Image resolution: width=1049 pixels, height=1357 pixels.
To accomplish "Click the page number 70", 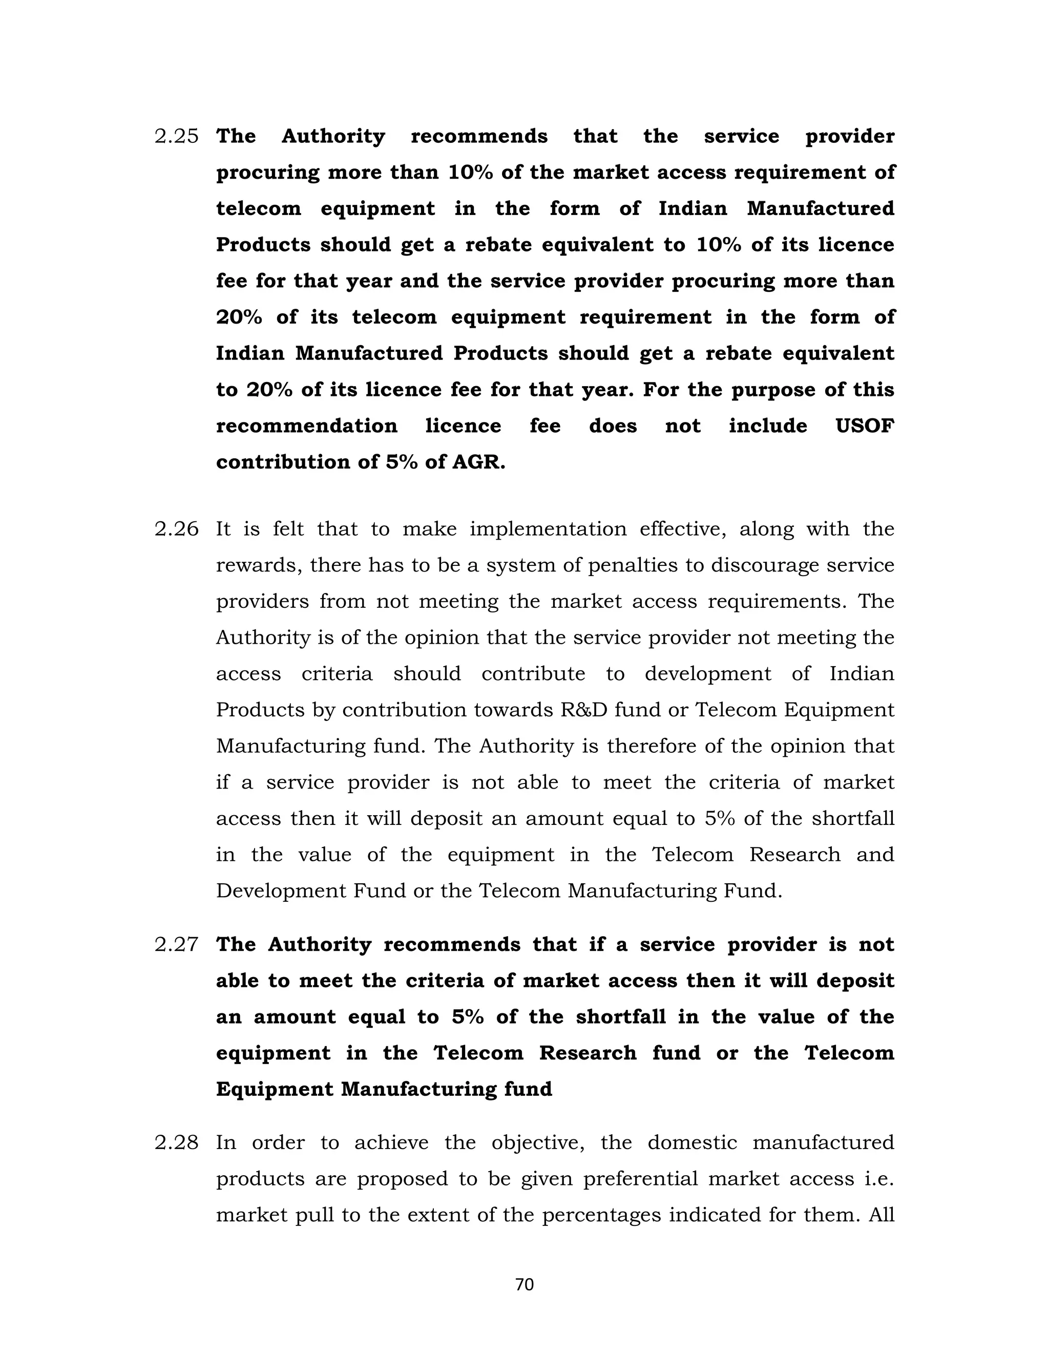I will pyautogui.click(x=524, y=1284).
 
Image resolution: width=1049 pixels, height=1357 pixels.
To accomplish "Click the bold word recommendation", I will pyautogui.click(x=306, y=426).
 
